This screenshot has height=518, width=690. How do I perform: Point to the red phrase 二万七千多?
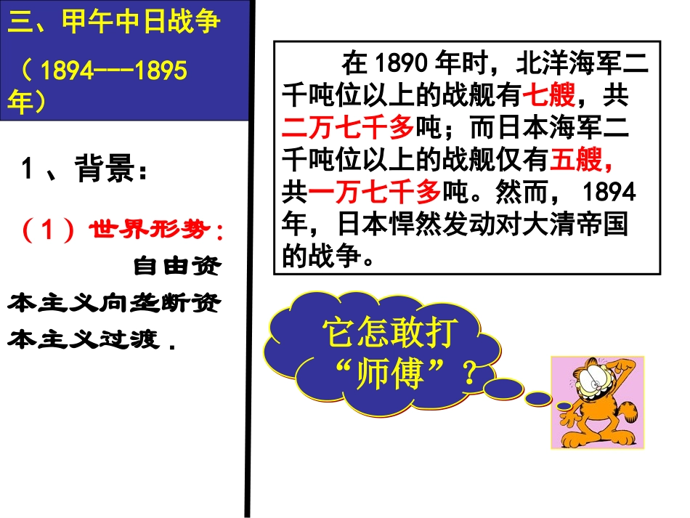click(347, 127)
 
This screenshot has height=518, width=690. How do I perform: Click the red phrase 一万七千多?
click(375, 192)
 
